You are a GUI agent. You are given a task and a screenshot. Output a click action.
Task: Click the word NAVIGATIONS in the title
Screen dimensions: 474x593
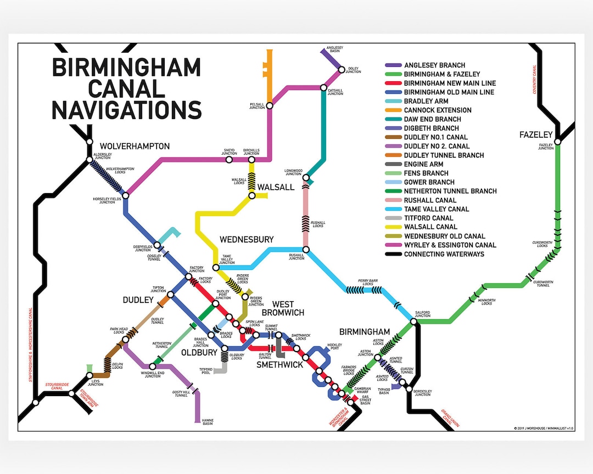pos(126,109)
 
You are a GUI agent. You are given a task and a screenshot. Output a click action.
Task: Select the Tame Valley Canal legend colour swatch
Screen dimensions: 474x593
pos(393,209)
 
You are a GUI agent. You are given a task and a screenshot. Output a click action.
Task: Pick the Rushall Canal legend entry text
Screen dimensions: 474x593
pos(430,200)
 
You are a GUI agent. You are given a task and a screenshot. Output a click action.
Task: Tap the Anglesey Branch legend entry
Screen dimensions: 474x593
pos(434,65)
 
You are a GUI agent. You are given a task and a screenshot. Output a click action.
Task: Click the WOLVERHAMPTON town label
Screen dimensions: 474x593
pos(135,146)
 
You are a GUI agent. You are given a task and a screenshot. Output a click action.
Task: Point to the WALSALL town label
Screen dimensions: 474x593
pos(276,187)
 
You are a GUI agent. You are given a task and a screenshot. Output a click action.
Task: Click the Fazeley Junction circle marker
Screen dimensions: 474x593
pos(557,142)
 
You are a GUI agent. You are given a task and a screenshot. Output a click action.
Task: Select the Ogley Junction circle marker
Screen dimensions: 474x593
pos(342,70)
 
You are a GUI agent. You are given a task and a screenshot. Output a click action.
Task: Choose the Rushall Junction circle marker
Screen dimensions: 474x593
pos(306,250)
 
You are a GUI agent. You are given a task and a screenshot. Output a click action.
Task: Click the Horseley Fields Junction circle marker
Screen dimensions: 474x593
pos(125,195)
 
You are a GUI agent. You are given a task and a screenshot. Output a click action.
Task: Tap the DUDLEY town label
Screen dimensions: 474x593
pos(138,300)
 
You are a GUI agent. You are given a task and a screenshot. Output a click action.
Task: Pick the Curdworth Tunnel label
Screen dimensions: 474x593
pos(544,283)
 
